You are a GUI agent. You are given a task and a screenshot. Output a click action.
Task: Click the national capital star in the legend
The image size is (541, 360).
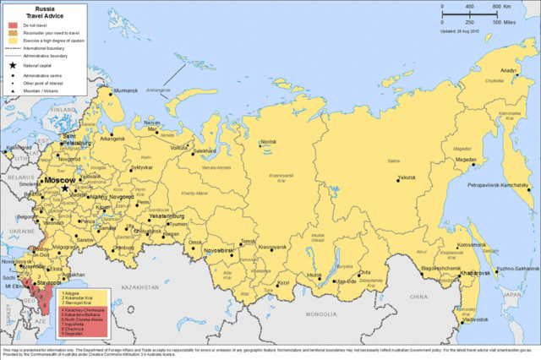point(13,65)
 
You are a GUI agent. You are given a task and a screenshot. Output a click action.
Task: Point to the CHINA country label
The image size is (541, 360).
point(419,298)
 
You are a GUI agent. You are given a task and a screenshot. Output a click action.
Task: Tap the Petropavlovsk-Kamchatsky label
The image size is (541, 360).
point(499,184)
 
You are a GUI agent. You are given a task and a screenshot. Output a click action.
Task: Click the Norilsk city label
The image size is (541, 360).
point(268,142)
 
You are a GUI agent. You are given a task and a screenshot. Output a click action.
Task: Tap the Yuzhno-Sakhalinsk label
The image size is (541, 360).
point(515,268)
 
